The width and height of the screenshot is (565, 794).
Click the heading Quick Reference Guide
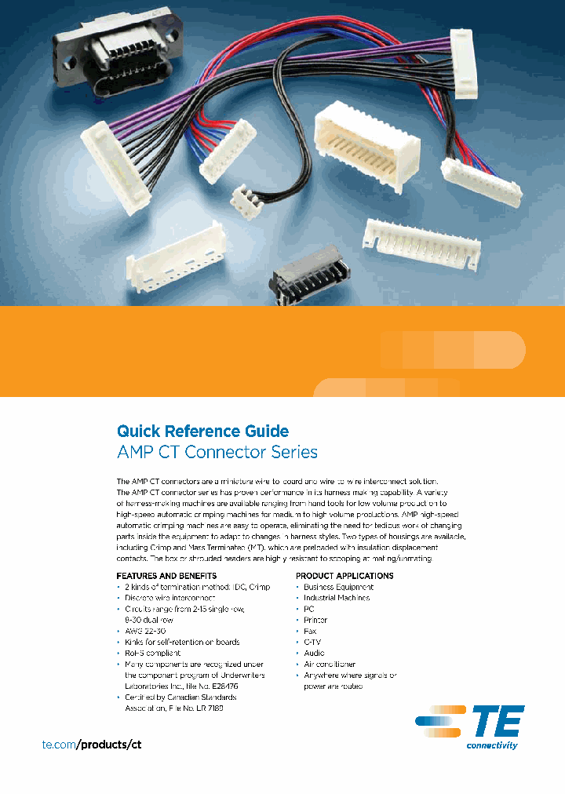(202, 431)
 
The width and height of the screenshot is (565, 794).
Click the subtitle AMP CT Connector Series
(217, 453)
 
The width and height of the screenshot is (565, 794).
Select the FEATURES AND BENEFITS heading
(166, 576)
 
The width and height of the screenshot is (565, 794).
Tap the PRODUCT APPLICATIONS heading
(344, 576)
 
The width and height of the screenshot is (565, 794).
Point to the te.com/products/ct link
(91, 744)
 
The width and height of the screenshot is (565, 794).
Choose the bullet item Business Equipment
(338, 587)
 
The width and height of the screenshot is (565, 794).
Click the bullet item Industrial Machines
(337, 598)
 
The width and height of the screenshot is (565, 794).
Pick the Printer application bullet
(315, 620)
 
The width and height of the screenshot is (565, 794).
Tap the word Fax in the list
(310, 631)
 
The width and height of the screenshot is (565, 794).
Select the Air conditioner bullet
(330, 664)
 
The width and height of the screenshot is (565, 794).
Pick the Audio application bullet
(314, 653)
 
